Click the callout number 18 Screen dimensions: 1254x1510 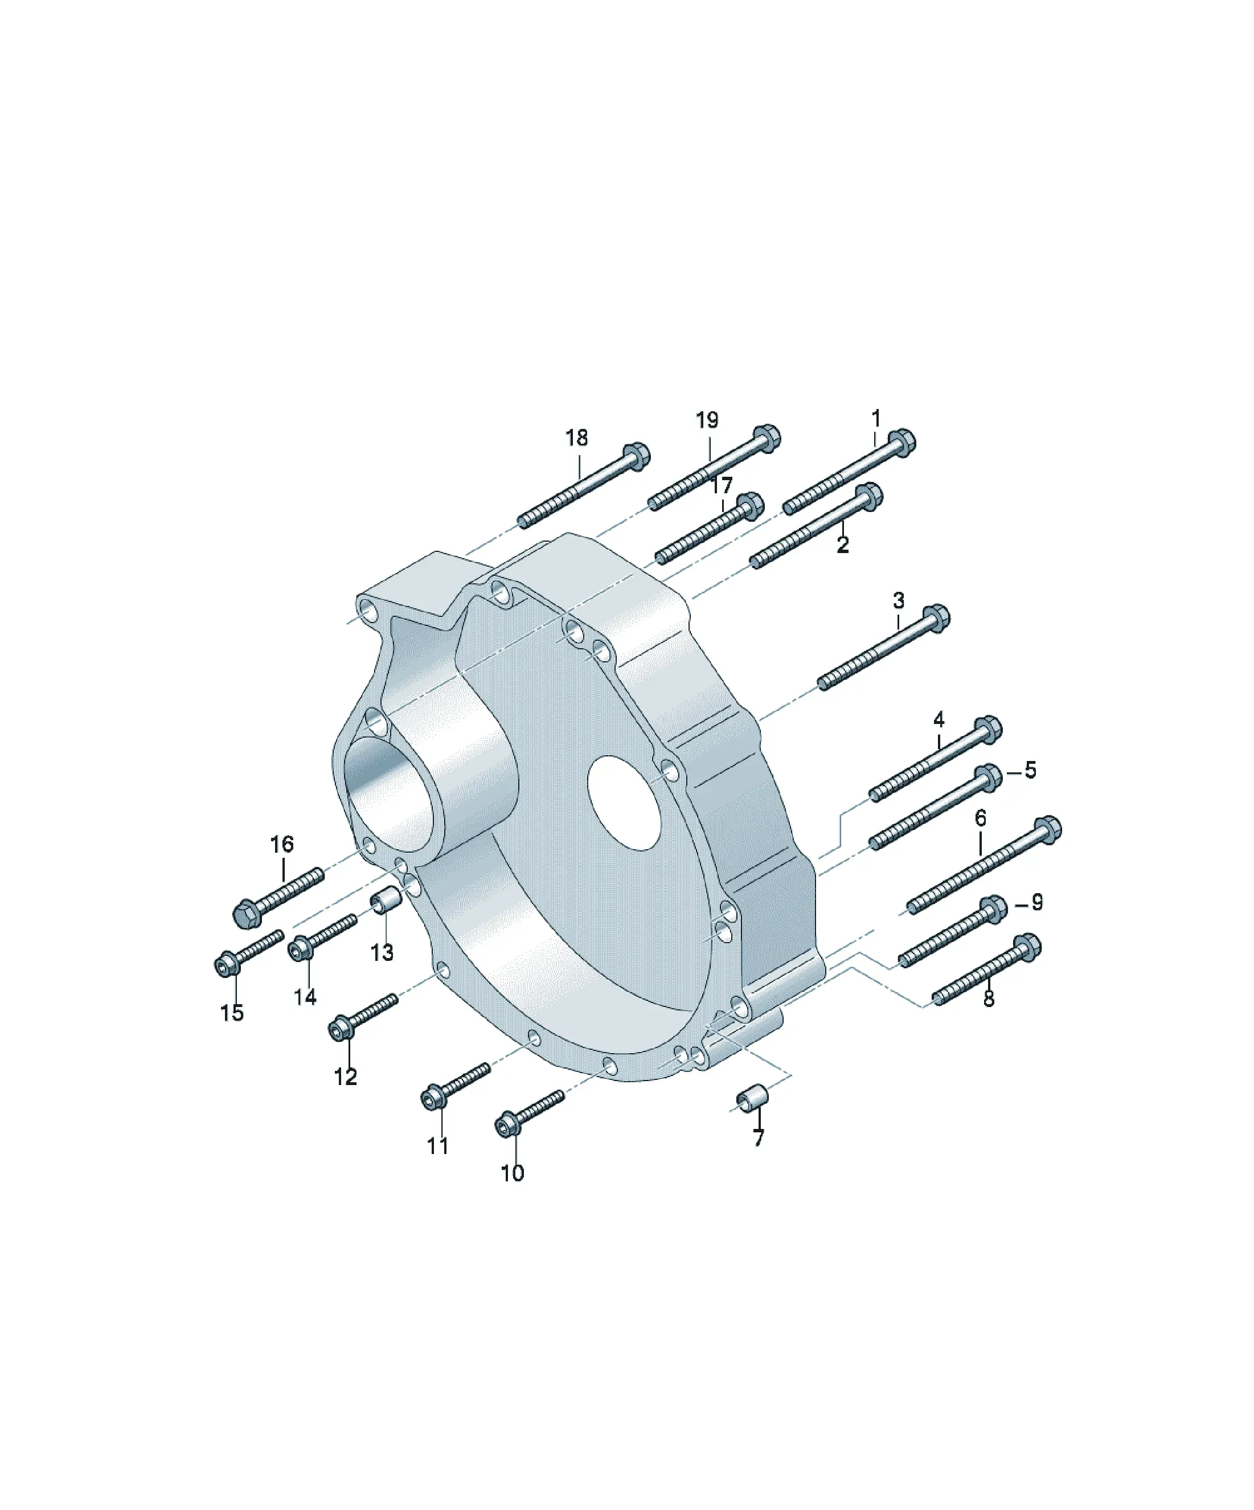[576, 437]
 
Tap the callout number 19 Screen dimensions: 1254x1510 [707, 420]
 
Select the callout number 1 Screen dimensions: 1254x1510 [876, 418]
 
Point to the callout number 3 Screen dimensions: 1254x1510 [899, 600]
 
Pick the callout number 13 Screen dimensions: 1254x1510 [382, 953]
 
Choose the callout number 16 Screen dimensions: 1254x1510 [282, 844]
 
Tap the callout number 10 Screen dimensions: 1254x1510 [512, 1173]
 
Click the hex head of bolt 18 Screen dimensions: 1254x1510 [636, 455]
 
